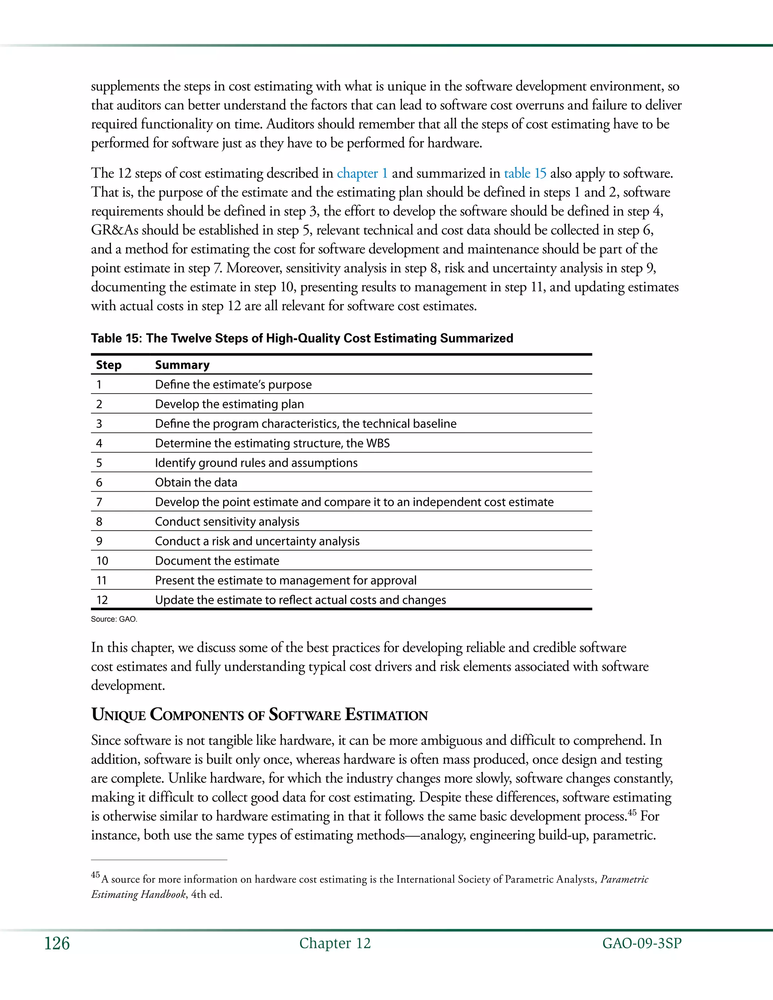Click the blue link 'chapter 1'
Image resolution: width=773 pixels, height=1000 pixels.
click(362, 174)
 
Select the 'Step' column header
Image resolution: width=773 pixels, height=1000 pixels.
click(109, 365)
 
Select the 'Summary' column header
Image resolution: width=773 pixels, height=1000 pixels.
click(182, 365)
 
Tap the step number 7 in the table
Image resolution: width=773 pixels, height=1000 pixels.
click(99, 502)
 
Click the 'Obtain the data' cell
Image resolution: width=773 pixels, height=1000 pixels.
click(196, 483)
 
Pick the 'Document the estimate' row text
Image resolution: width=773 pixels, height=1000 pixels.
click(217, 561)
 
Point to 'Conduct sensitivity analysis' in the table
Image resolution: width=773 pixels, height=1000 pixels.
click(227, 522)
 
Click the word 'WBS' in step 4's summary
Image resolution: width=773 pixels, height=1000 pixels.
click(378, 443)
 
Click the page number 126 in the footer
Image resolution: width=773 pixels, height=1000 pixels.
click(57, 944)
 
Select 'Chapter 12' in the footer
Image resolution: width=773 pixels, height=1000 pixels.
click(335, 943)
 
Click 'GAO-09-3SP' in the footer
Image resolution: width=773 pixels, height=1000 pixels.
click(642, 944)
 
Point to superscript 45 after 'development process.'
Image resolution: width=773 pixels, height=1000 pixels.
click(632, 813)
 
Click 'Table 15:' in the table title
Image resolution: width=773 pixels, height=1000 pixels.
click(116, 338)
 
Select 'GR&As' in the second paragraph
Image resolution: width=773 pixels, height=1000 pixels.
click(114, 230)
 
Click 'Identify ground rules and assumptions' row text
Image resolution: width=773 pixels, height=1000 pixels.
click(256, 463)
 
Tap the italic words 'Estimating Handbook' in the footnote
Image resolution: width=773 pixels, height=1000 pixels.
click(138, 894)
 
